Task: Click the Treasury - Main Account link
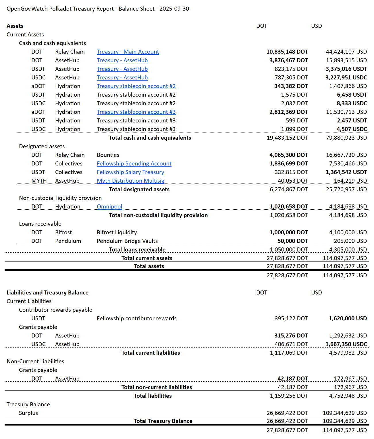coord(128,52)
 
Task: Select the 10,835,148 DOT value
coord(287,52)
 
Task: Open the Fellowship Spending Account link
coord(134,163)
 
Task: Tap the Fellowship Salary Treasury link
coord(130,172)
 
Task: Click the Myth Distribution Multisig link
coord(130,181)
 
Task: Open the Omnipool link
coord(109,206)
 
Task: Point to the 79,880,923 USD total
coord(346,138)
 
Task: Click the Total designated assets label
coord(139,189)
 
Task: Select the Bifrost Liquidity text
coord(117,232)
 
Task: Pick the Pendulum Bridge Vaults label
coord(127,241)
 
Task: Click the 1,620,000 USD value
coord(348,318)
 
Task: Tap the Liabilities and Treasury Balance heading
coord(47,292)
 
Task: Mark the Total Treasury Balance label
coord(163,421)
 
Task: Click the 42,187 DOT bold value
coord(292,378)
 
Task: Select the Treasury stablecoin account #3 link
coord(136,112)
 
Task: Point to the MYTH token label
coord(39,181)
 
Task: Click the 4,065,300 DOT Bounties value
coord(288,155)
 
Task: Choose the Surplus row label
coord(28,413)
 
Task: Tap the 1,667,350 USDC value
coord(346,344)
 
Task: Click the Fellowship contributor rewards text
coord(136,318)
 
